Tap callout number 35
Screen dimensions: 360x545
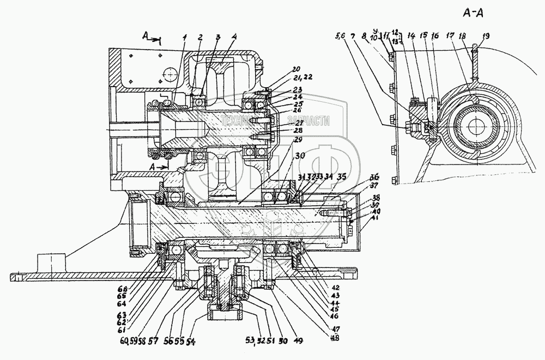[342, 176]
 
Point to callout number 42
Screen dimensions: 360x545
[336, 286]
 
